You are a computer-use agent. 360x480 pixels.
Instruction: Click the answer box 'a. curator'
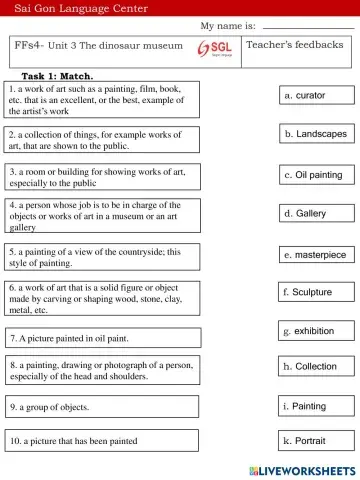click(x=317, y=95)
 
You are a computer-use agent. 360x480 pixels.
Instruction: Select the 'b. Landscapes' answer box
click(x=317, y=133)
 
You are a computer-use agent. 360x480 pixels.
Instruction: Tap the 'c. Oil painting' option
click(x=317, y=175)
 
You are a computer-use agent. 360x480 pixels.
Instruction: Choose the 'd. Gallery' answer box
click(x=317, y=214)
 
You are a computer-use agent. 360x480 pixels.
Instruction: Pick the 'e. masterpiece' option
click(x=317, y=255)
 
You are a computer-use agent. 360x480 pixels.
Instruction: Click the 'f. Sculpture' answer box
click(x=316, y=292)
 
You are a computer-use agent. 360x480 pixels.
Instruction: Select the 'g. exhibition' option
click(x=317, y=331)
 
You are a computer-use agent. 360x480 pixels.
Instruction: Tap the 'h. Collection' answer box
click(x=317, y=367)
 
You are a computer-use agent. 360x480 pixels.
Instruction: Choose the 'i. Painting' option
click(x=317, y=406)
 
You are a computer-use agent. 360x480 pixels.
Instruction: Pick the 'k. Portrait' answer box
click(x=317, y=440)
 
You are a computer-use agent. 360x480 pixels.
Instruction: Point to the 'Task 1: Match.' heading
click(x=57, y=76)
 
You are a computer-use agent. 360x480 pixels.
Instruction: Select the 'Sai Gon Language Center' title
click(x=81, y=8)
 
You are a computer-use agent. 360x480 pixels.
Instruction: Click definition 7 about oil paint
click(x=70, y=339)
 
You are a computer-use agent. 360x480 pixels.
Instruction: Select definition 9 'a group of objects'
click(x=50, y=408)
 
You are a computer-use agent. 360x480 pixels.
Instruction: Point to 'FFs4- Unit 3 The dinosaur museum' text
click(x=99, y=46)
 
